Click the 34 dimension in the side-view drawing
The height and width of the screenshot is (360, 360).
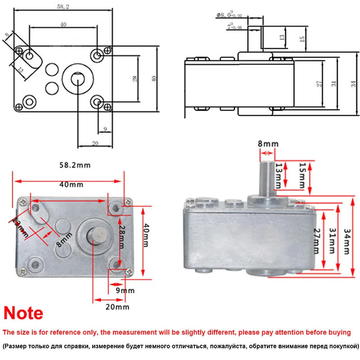tap(353, 83)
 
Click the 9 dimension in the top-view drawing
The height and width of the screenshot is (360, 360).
tap(105, 129)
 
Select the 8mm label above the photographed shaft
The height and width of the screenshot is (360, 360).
tap(268, 144)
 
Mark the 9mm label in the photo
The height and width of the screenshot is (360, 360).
tap(125, 291)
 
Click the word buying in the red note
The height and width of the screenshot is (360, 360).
tap(338, 333)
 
